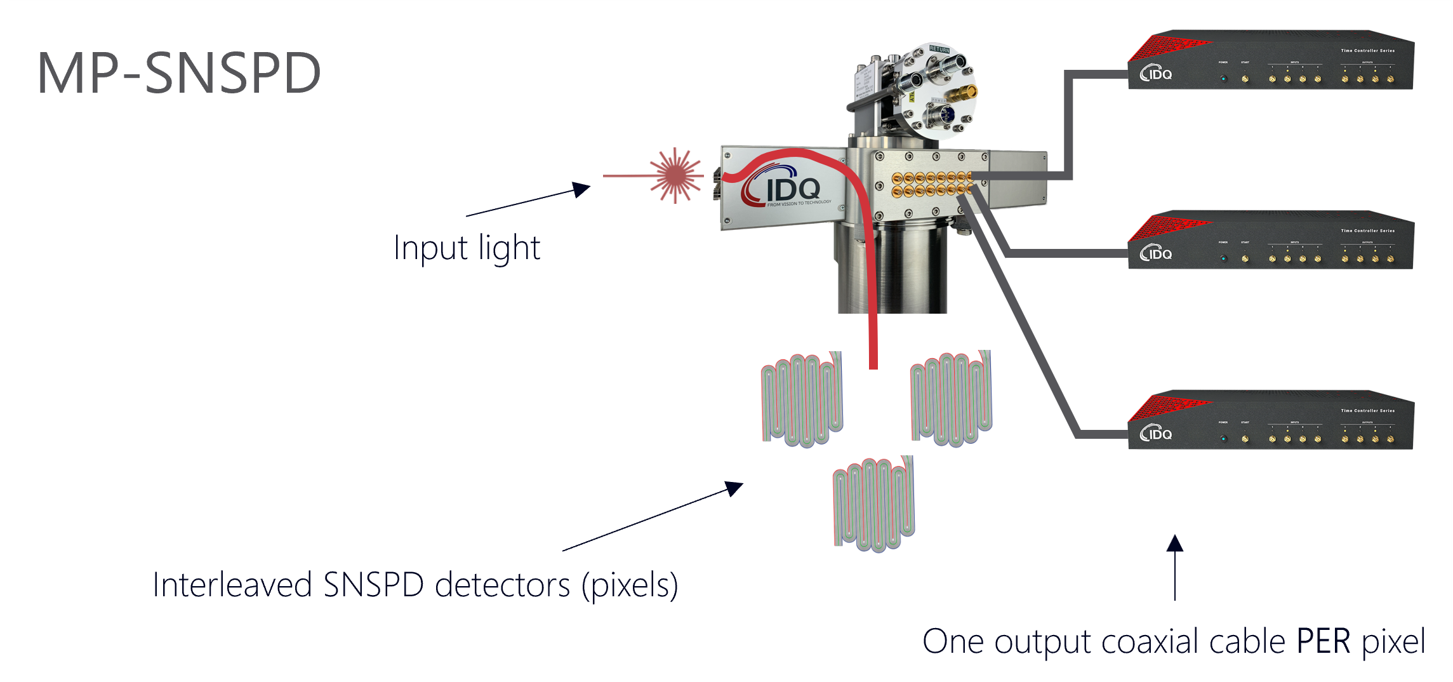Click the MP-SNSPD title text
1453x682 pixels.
tap(179, 74)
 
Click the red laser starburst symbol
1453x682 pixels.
tap(676, 175)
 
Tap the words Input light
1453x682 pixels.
tap(467, 248)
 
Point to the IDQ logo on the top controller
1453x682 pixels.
tap(1156, 74)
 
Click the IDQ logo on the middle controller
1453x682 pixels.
tap(1156, 253)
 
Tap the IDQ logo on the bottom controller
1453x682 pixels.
tap(1156, 434)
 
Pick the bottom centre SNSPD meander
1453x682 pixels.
tap(874, 503)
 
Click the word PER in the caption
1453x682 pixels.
tap(1323, 641)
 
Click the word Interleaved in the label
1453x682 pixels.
tap(232, 585)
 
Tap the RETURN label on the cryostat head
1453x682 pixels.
tap(939, 50)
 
